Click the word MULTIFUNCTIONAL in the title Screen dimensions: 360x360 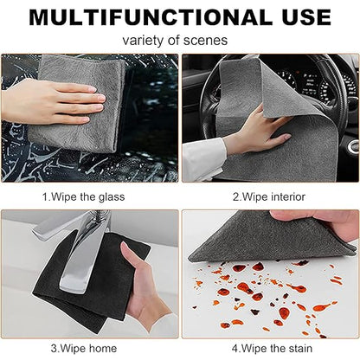pyautogui.click(x=151, y=17)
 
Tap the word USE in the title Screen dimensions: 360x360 pyautogui.click(x=306, y=17)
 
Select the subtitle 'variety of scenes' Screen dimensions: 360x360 pyautogui.click(x=175, y=41)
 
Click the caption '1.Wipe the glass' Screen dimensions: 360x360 pyautogui.click(x=84, y=197)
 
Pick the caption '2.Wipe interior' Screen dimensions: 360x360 pyautogui.click(x=269, y=197)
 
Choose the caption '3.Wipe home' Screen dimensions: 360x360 pyautogui.click(x=84, y=348)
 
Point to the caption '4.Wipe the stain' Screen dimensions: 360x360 pyautogui.click(x=272, y=348)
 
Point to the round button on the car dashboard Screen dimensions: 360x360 pyautogui.click(x=353, y=146)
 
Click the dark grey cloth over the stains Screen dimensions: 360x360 pyautogui.click(x=268, y=240)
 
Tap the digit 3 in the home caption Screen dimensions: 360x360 pyautogui.click(x=54, y=348)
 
